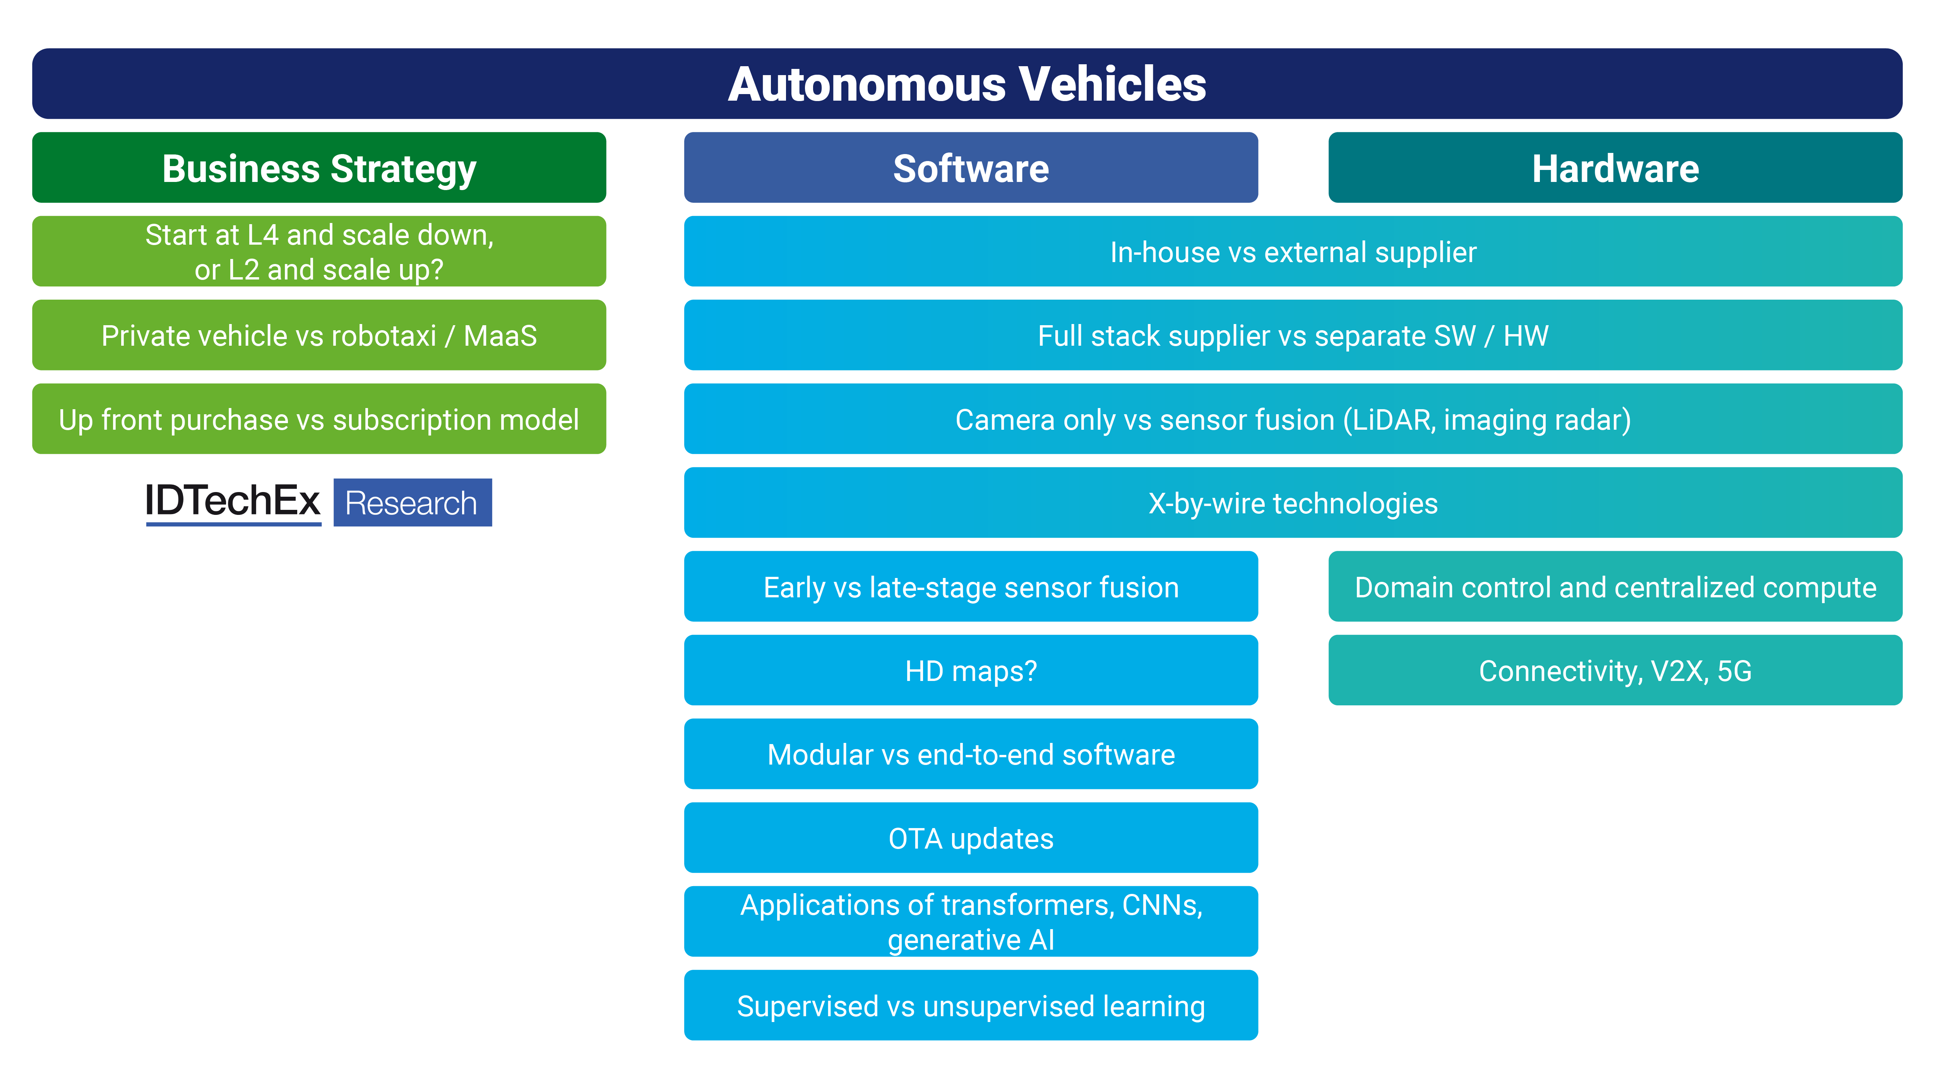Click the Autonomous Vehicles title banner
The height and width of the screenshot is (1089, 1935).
[967, 83]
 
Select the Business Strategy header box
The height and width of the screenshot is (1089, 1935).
[319, 168]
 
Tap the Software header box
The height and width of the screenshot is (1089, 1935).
[971, 168]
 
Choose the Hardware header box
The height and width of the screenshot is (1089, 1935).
[1615, 168]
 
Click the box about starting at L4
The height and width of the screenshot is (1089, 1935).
[319, 252]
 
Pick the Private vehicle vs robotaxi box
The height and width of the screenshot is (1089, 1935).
[319, 335]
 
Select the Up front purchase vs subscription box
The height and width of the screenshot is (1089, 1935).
[319, 419]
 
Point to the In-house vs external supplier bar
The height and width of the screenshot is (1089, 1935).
[1293, 252]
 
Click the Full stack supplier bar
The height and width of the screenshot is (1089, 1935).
[1293, 335]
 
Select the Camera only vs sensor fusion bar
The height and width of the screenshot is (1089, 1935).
[1293, 419]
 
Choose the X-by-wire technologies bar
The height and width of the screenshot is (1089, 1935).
[1293, 503]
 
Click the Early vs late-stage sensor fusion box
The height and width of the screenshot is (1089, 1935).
[971, 587]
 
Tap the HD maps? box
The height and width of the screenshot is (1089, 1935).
[971, 671]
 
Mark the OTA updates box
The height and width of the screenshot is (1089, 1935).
[971, 838]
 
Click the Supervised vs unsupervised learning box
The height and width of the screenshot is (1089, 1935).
[971, 1006]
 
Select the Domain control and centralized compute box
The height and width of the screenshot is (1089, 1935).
[1615, 587]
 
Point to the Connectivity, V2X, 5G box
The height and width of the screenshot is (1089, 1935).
[1615, 671]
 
